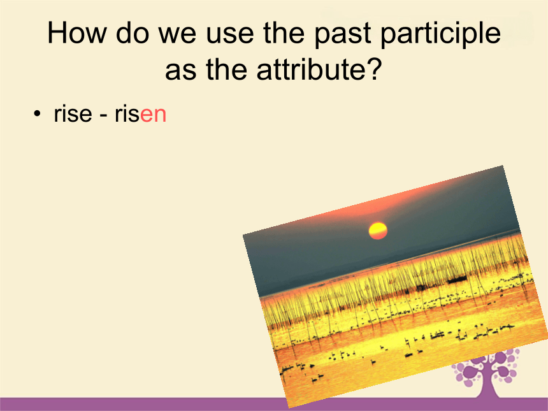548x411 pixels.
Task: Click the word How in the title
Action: (x=76, y=32)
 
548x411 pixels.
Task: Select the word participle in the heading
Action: (x=441, y=34)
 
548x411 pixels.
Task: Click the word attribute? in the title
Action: (x=318, y=69)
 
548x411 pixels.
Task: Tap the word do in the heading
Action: (x=132, y=32)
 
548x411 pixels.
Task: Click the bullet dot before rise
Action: (x=37, y=113)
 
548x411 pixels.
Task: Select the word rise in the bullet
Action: (x=73, y=114)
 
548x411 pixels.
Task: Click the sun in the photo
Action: (x=378, y=231)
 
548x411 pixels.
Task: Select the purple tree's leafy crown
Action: (x=486, y=367)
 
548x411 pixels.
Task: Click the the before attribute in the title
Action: (x=226, y=69)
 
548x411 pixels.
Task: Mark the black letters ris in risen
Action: (x=127, y=114)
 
